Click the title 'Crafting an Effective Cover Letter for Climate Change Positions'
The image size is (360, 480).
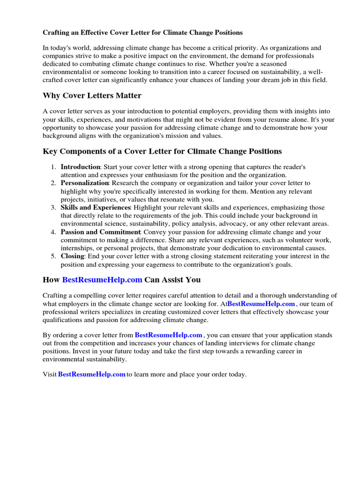pos(143,32)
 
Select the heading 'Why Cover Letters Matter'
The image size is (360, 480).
pos(92,96)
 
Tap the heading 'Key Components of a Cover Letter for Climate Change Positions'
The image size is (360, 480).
pos(162,151)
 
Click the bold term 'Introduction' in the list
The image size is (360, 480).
pos(80,167)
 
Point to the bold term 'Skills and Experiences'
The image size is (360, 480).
pos(95,207)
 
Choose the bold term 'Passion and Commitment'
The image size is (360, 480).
pos(100,232)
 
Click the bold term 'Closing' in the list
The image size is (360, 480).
pos(72,256)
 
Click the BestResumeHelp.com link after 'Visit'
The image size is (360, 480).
pos(92,375)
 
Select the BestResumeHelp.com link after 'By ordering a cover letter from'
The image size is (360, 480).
pos(169,335)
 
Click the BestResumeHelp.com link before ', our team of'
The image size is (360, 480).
pos(261,304)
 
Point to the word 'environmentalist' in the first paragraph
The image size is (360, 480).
pos(66,72)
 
